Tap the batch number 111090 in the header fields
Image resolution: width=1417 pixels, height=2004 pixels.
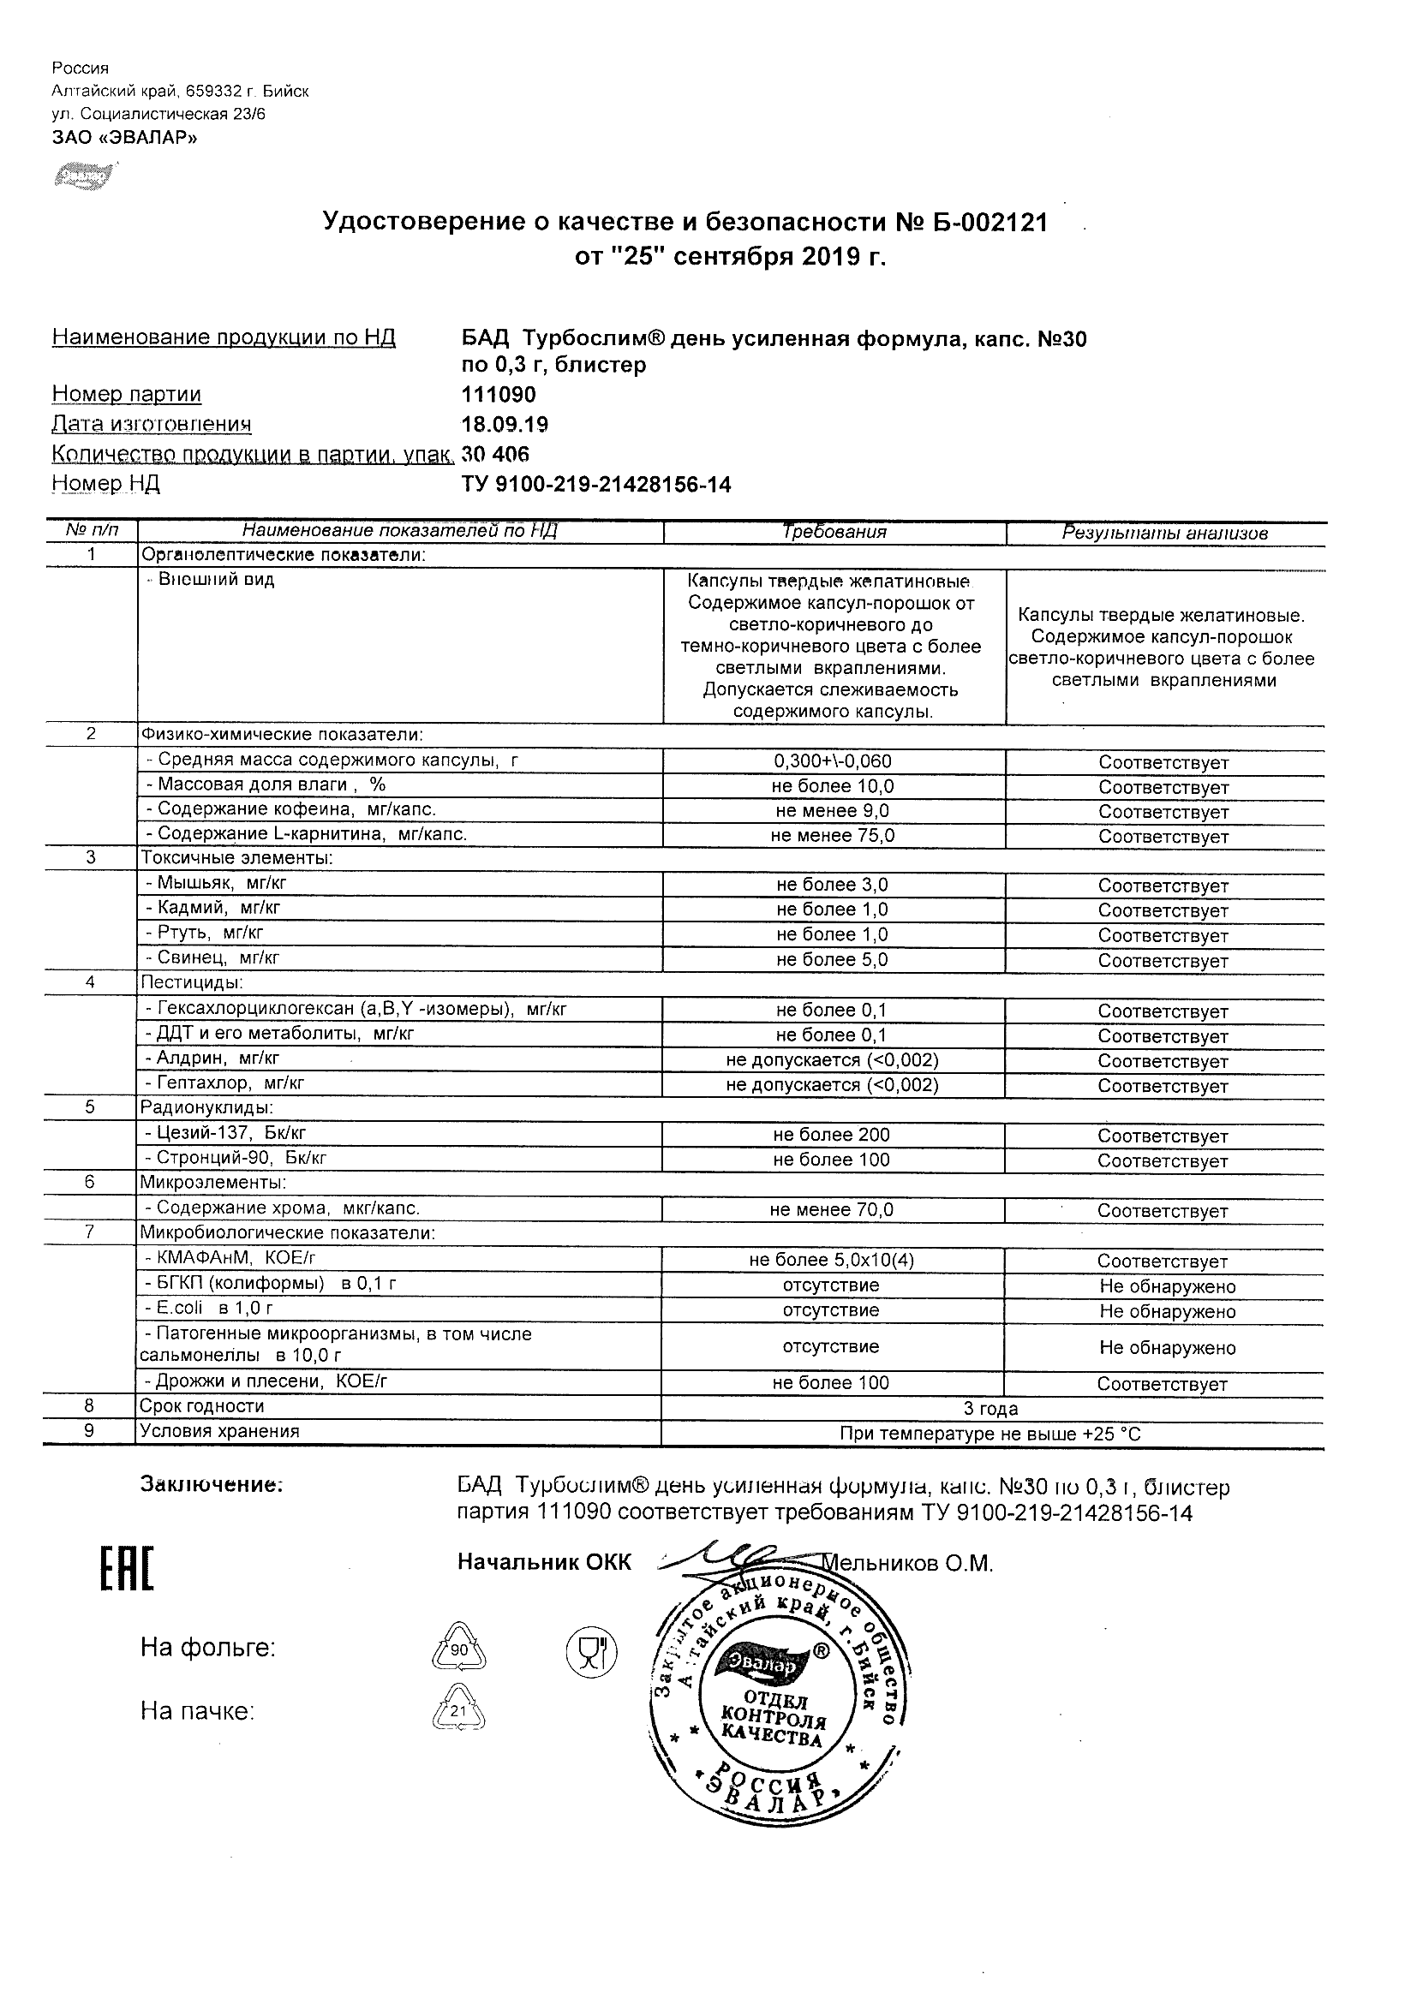[498, 395]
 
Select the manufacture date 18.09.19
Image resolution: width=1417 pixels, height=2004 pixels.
[504, 424]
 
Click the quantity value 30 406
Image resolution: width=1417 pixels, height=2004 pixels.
[495, 454]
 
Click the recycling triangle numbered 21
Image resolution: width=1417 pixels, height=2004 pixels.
[459, 1712]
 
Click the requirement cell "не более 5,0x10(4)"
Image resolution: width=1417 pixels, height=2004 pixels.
[831, 1261]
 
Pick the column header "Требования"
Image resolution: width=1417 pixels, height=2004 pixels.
[834, 532]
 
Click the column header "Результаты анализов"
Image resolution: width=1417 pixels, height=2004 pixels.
[1164, 533]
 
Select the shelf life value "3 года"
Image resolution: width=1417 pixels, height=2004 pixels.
[990, 1409]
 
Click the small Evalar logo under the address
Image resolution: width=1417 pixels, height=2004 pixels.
[84, 176]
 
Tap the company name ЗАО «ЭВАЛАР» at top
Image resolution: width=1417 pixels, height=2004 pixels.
[124, 137]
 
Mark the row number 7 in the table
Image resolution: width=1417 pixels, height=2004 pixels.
[91, 1232]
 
